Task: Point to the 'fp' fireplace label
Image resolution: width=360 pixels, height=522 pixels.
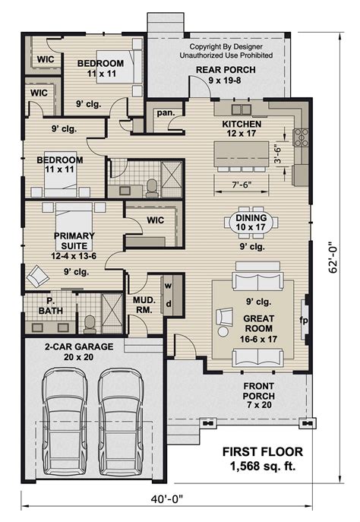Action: pyautogui.click(x=303, y=320)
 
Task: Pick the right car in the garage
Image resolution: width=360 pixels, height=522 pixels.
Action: pyautogui.click(x=120, y=418)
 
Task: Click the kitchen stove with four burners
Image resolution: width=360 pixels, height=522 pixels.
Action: pyautogui.click(x=301, y=138)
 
